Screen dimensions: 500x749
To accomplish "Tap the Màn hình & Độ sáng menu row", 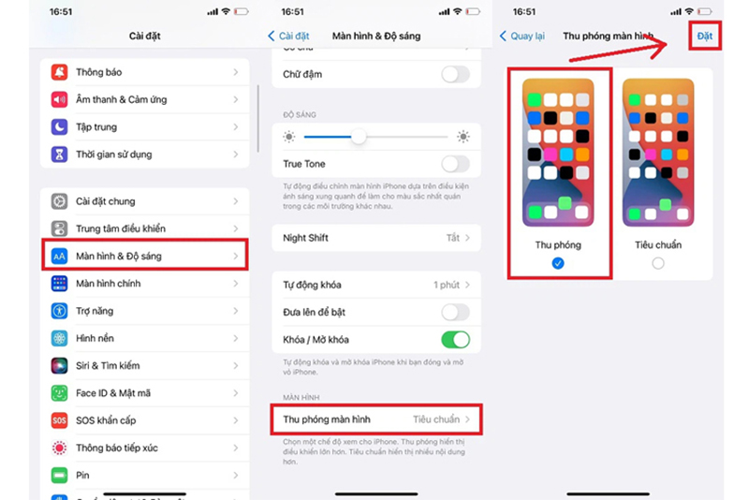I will coord(145,256).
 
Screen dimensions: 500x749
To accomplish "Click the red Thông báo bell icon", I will coord(60,72).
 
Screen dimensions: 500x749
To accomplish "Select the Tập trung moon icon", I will coord(60,126).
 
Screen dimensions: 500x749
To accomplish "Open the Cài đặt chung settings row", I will coord(145,201).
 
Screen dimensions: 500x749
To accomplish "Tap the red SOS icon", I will coord(60,420).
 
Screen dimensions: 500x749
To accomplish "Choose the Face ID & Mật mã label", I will coord(113,393).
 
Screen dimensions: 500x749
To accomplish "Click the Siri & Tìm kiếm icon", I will coord(60,366).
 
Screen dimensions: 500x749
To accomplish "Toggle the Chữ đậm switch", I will coord(455,75).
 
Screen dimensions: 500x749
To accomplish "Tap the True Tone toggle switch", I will coord(455,164).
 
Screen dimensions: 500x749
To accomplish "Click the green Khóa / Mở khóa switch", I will coord(455,339).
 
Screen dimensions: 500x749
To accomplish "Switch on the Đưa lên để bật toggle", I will coord(455,312).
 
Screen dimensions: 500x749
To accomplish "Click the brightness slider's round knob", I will coord(358,137).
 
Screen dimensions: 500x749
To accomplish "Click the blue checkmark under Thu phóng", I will coord(558,264).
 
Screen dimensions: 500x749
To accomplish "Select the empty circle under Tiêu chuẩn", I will coord(658,264).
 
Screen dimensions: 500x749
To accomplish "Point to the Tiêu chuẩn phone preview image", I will coord(658,153).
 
